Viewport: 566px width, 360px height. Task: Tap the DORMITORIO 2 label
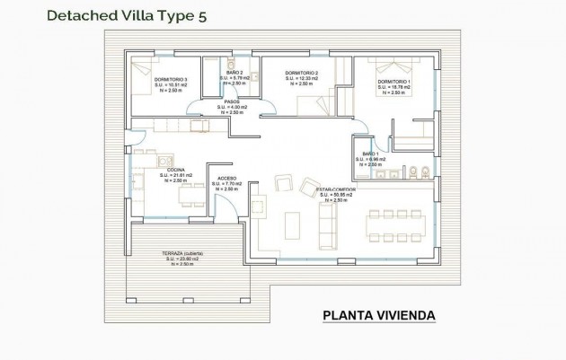tap(302, 73)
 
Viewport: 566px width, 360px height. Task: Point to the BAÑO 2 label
tap(233, 73)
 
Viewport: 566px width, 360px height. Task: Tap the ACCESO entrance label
tap(227, 179)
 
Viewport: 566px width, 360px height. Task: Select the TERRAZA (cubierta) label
tap(181, 254)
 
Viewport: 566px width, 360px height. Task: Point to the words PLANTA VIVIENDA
tap(378, 315)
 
